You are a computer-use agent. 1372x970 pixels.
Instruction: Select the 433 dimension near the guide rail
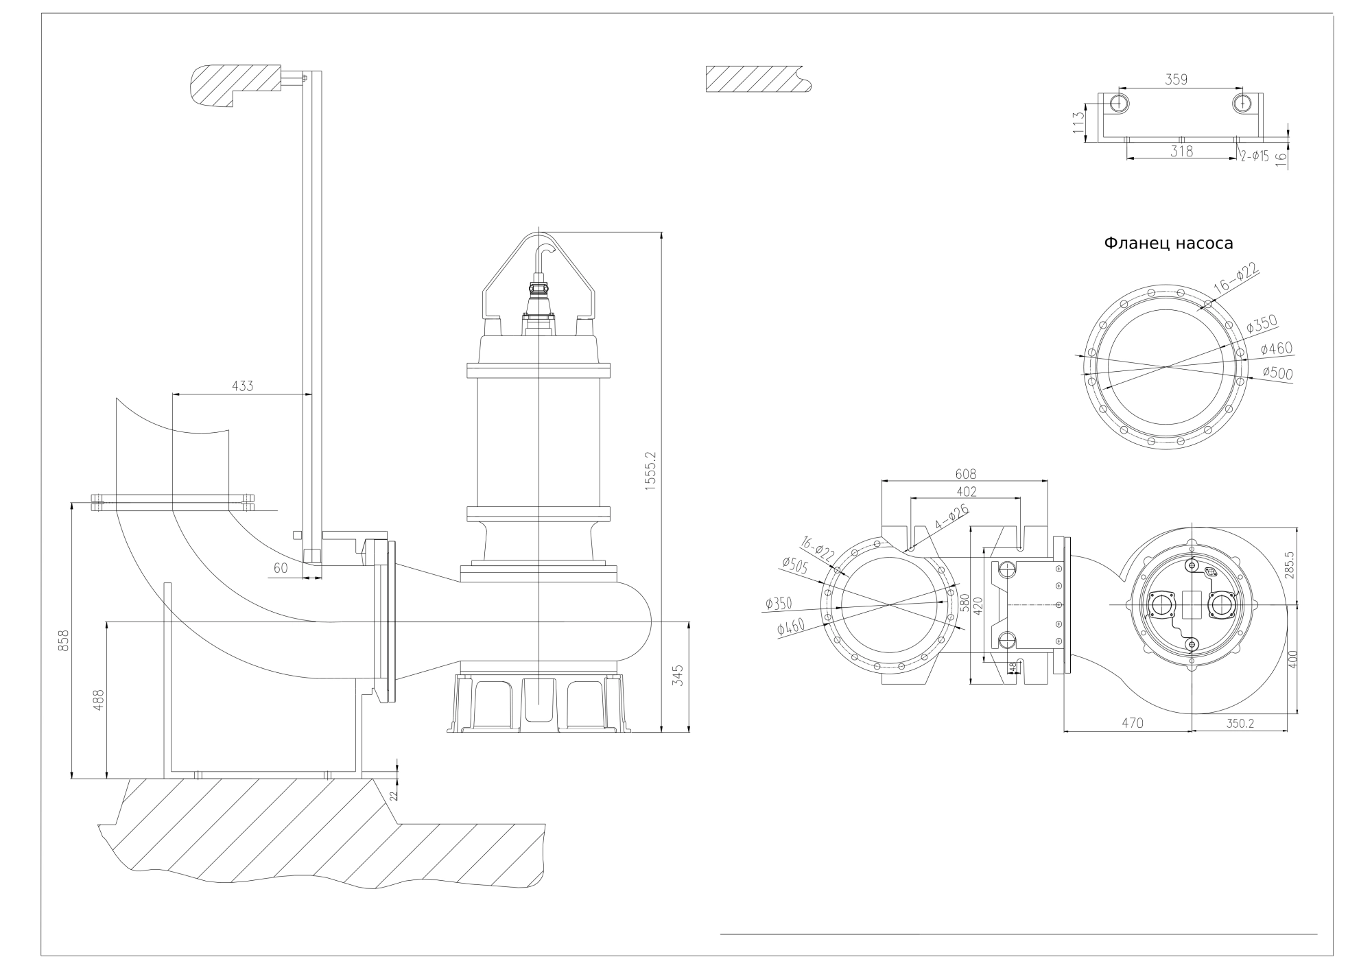click(242, 386)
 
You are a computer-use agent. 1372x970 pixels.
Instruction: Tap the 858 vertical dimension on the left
click(63, 641)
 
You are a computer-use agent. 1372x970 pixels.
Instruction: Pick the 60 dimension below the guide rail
click(281, 568)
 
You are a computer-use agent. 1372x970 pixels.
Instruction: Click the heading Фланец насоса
click(1168, 244)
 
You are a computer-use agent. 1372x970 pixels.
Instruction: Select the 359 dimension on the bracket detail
click(1176, 80)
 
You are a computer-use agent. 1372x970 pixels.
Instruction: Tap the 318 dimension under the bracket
click(1181, 152)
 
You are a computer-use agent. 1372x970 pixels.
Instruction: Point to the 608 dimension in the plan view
click(965, 474)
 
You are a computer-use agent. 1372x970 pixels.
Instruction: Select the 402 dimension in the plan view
click(965, 491)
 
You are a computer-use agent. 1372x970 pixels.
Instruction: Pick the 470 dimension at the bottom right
click(1132, 723)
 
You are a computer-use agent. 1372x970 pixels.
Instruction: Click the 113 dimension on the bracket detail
click(1078, 123)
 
